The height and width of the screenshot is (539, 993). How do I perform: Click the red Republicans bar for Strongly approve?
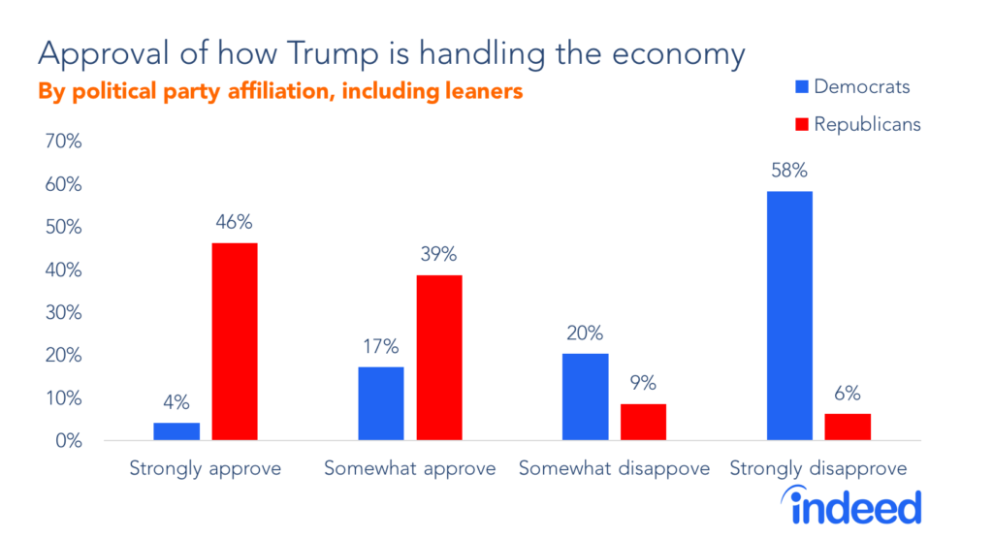tap(235, 342)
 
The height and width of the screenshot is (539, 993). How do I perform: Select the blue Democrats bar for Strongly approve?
tap(176, 431)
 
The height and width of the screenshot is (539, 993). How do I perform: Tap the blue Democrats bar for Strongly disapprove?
tap(789, 316)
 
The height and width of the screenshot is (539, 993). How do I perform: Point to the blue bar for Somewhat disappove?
tap(586, 397)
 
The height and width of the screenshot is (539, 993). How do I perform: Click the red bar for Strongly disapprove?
tap(848, 428)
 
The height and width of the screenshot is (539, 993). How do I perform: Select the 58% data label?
tap(789, 172)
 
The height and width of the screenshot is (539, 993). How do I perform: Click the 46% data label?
tap(235, 223)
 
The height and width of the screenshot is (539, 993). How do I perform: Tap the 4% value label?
tap(176, 402)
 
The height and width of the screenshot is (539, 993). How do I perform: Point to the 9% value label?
tap(644, 384)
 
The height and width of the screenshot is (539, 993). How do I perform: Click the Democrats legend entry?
tap(850, 87)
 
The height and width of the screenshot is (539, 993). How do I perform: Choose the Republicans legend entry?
tap(854, 124)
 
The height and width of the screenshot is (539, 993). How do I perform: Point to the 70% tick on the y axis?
tap(64, 142)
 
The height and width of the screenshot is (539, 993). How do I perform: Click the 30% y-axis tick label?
tap(64, 313)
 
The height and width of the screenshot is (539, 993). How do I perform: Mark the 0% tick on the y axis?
tap(69, 441)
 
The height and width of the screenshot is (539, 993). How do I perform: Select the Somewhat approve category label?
tap(409, 469)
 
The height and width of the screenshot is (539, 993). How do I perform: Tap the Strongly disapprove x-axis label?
tap(817, 469)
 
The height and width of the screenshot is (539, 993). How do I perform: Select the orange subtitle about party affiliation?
tap(280, 92)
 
